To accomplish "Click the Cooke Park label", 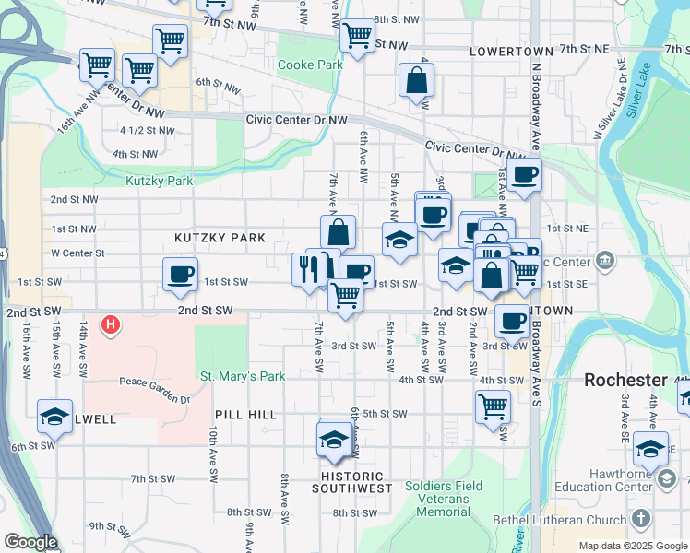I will pos(303,65).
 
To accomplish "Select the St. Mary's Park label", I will pos(243,376).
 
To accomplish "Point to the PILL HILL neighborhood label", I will pos(245,416).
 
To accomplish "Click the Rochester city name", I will pos(626,380).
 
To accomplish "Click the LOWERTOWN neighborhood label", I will pos(511,52).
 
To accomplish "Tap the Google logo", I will pos(30,542).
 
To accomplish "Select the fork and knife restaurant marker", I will pos(307,268).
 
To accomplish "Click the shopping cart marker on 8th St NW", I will pos(356,36).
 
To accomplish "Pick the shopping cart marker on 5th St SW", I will pos(493,406).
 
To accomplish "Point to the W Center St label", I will pos(78,253).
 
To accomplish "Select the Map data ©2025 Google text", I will pos(633,546).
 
